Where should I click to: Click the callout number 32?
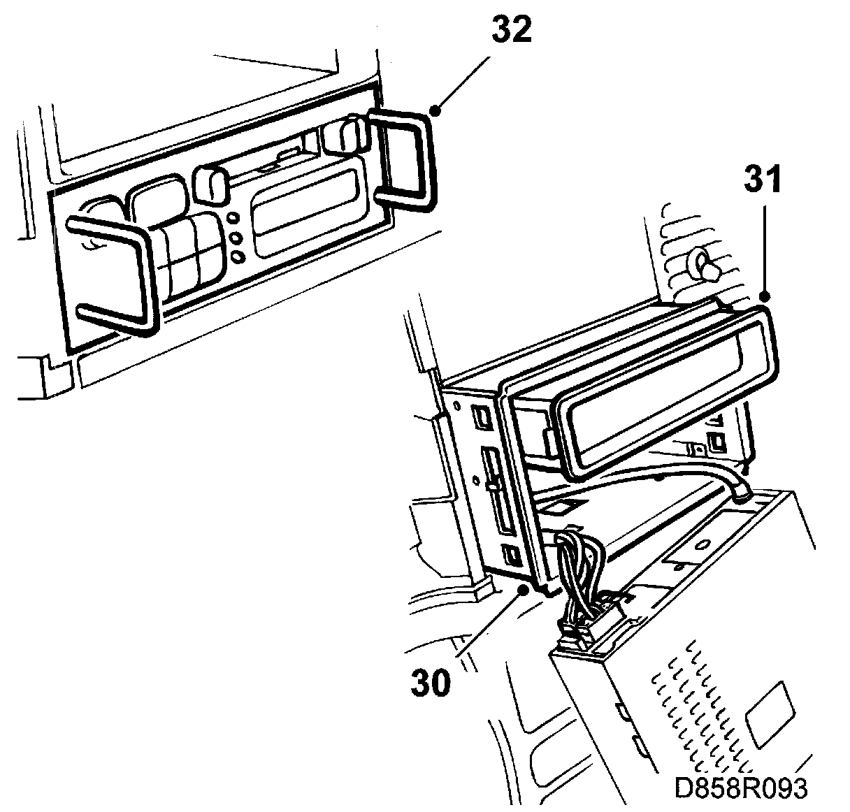(x=511, y=31)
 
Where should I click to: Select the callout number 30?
(x=431, y=681)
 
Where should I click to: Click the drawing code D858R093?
(x=740, y=788)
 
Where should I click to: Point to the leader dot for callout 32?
(x=436, y=110)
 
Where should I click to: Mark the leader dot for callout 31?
(x=765, y=297)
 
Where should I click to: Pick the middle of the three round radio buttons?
(x=236, y=238)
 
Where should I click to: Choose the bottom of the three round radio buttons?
(x=238, y=256)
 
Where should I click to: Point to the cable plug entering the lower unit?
(x=741, y=491)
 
